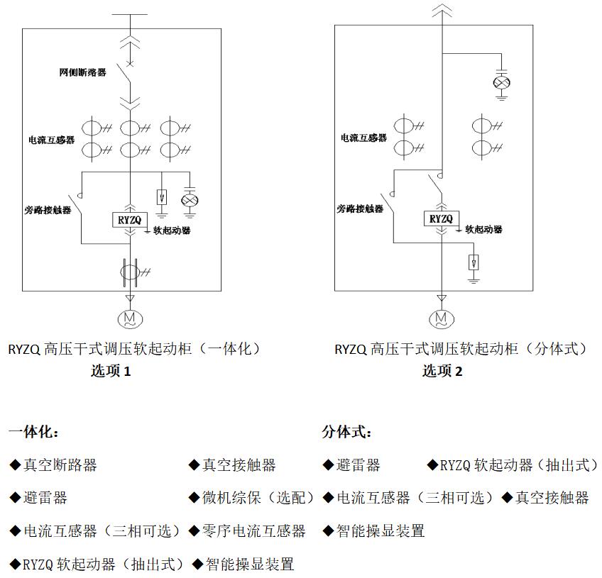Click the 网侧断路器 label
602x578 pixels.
pyautogui.click(x=83, y=72)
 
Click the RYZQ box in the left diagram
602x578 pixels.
pyautogui.click(x=130, y=220)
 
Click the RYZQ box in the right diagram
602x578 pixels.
pyautogui.click(x=442, y=219)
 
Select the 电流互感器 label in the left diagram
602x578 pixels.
pyautogui.click(x=51, y=140)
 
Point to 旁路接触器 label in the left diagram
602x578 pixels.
pyautogui.click(x=48, y=210)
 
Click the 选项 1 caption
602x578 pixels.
pyautogui.click(x=111, y=371)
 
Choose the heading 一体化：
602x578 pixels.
pyautogui.click(x=34, y=432)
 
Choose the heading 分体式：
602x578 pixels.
pyautogui.click(x=346, y=432)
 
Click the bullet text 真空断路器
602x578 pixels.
pyautogui.click(x=60, y=465)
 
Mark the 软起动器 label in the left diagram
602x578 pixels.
pyautogui.click(x=172, y=230)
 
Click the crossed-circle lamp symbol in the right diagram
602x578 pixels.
pyautogui.click(x=502, y=83)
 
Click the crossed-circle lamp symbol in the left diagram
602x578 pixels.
pyautogui.click(x=190, y=201)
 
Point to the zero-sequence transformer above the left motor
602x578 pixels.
pyautogui.click(x=130, y=272)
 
